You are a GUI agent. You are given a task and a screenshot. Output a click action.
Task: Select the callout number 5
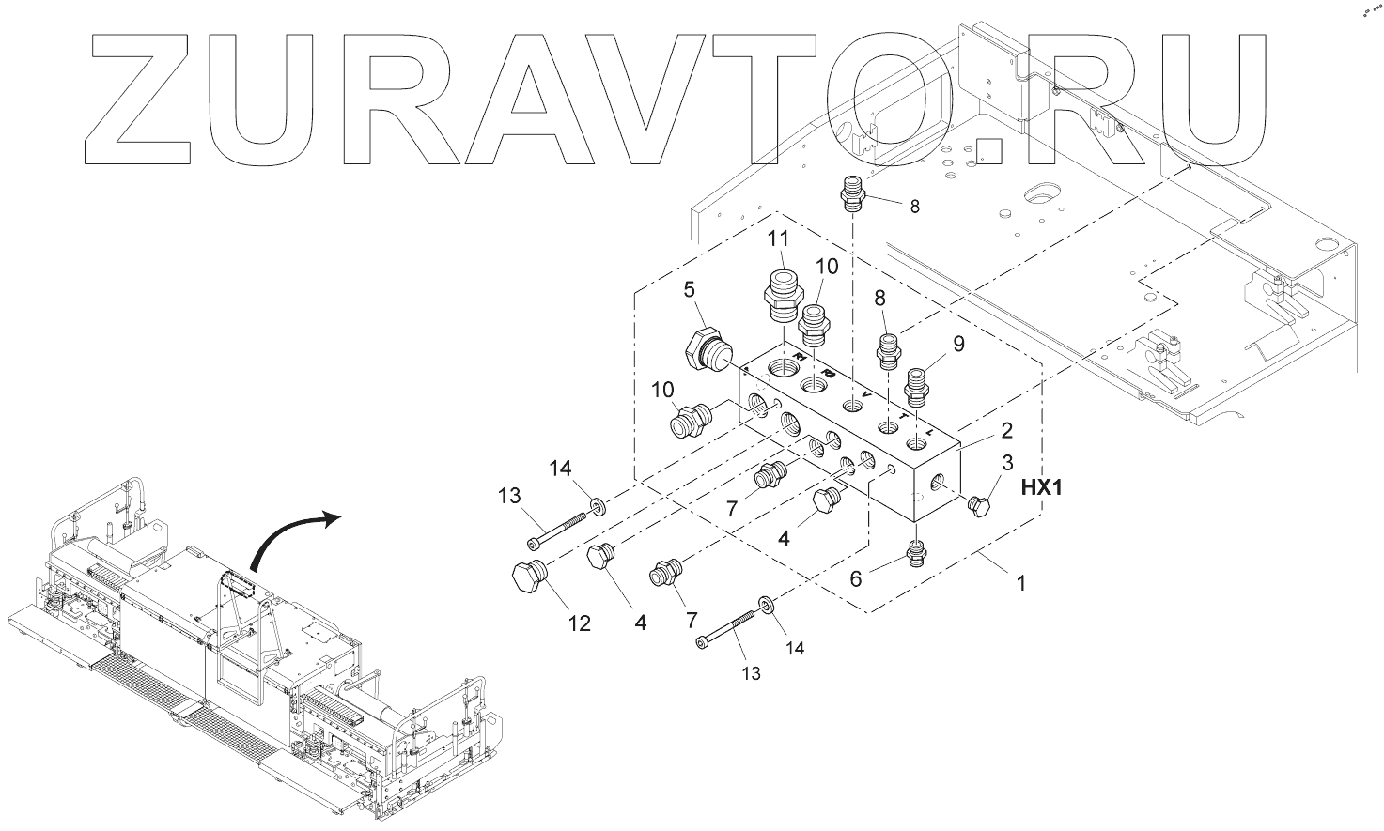(x=688, y=289)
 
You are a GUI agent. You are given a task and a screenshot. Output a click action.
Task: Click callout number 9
(x=957, y=345)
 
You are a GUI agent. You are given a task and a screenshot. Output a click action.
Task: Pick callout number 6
(x=855, y=578)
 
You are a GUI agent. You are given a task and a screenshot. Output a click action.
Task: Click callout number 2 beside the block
(x=1006, y=431)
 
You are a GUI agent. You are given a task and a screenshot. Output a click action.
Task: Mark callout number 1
(x=1021, y=583)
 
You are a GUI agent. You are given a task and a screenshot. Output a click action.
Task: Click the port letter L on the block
(x=929, y=431)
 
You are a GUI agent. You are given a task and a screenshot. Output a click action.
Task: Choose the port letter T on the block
(x=902, y=417)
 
